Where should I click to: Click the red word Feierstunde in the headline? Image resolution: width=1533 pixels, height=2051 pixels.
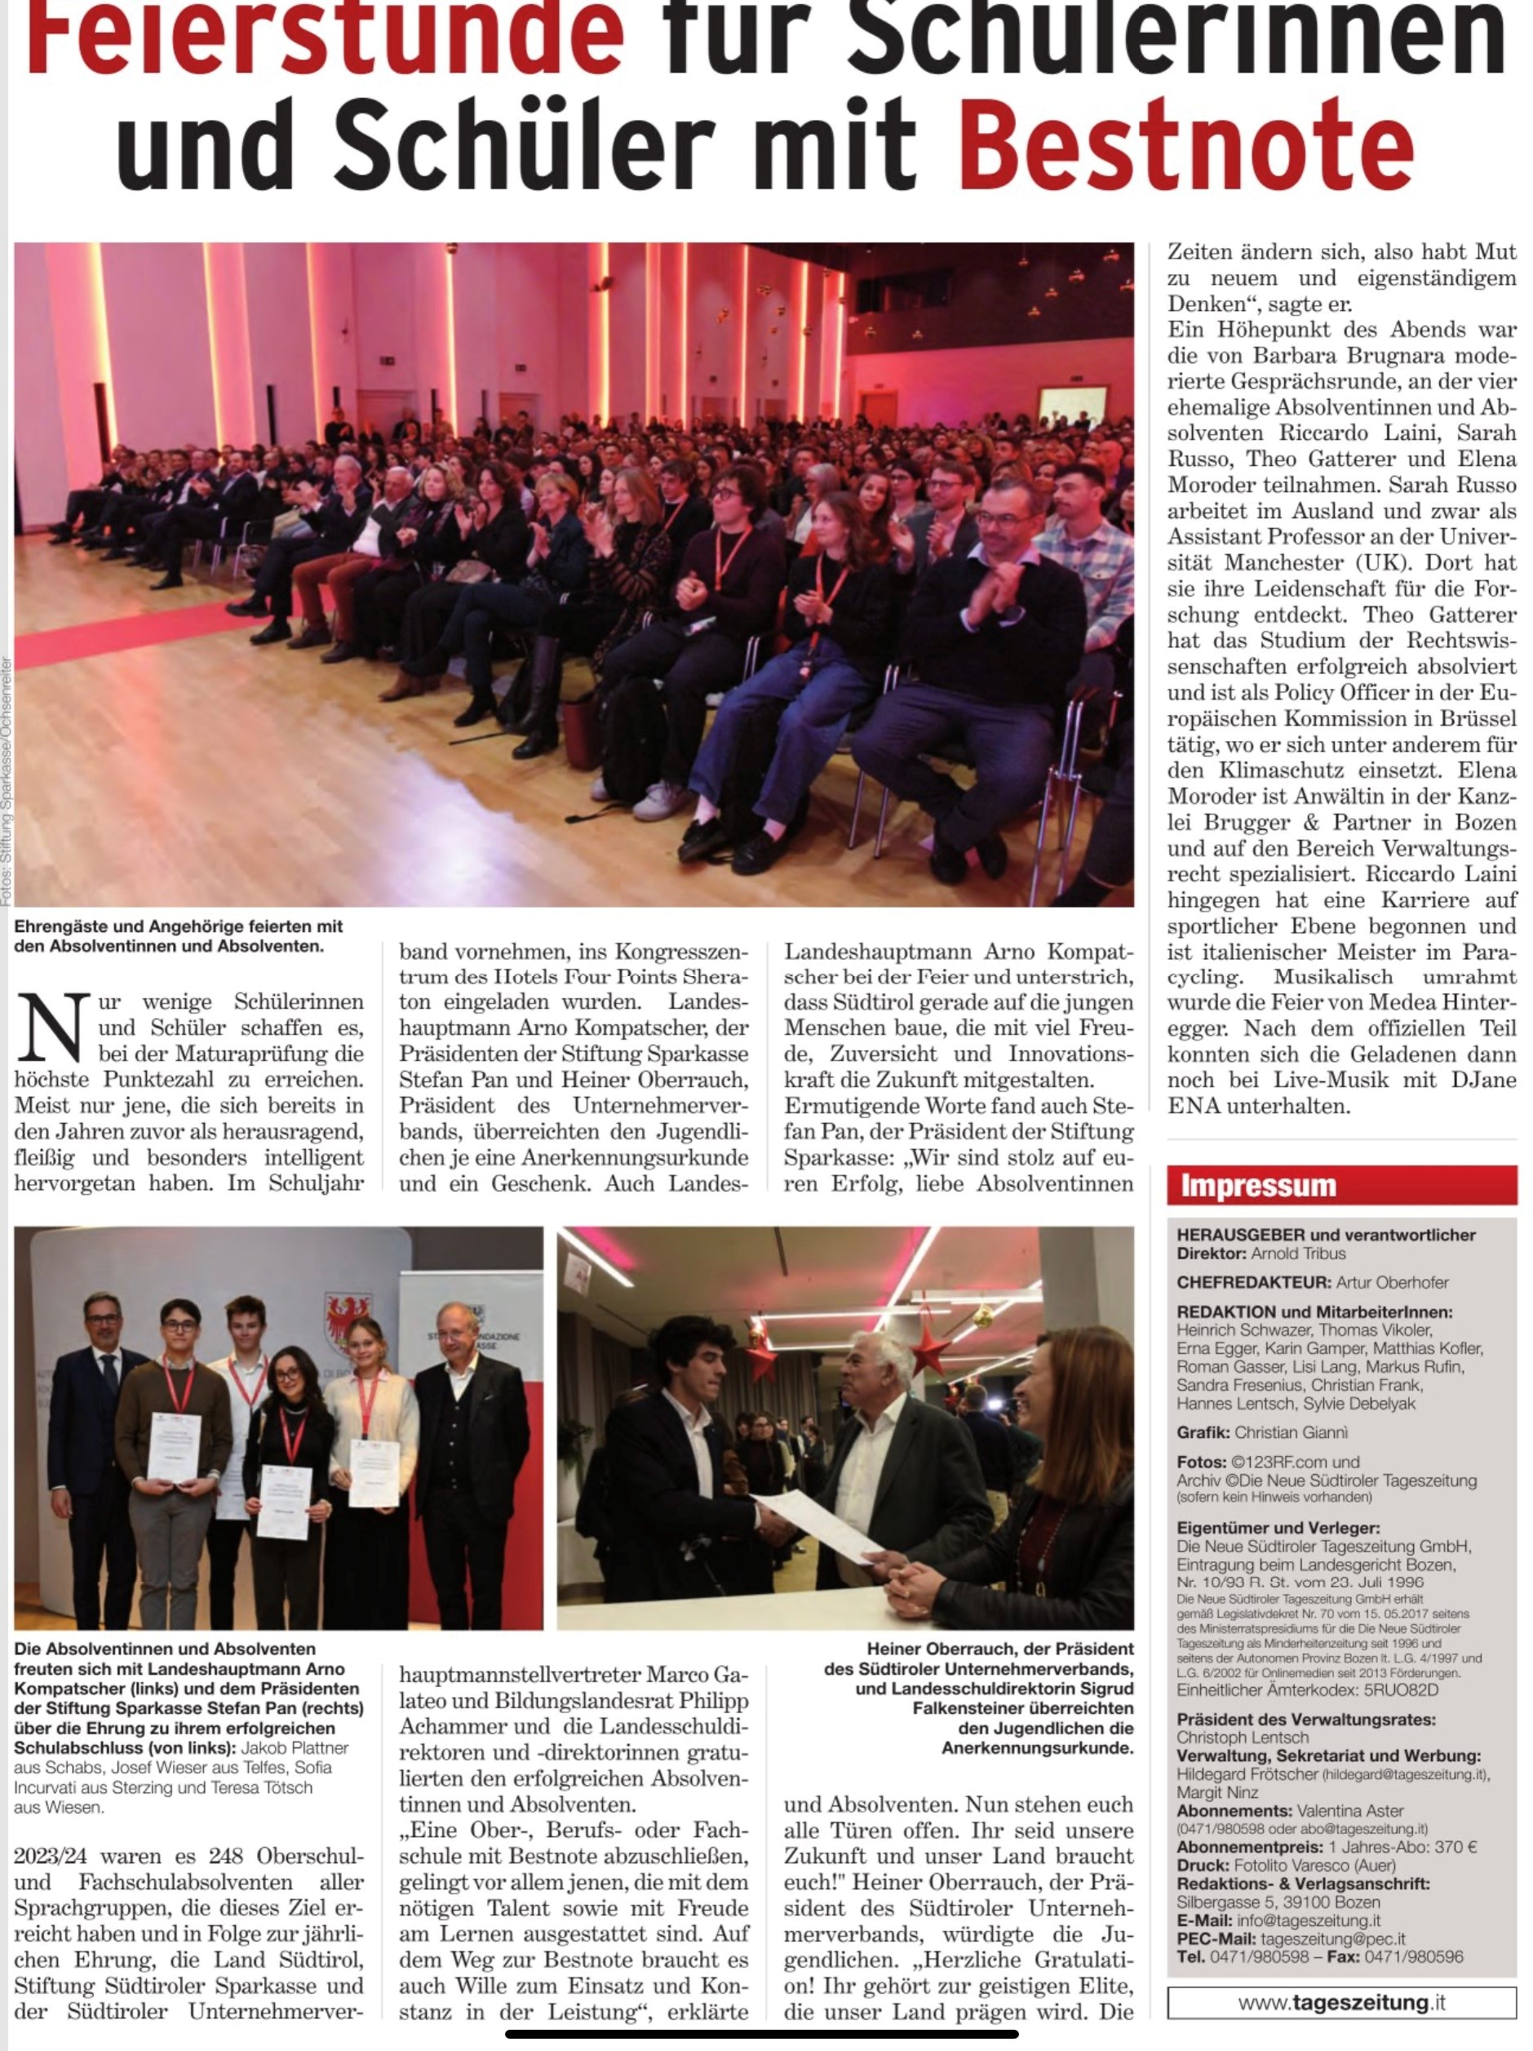(x=325, y=37)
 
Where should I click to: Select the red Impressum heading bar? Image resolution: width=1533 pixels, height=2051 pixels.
(x=1341, y=1185)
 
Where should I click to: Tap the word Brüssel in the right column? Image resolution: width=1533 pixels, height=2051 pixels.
(x=1478, y=717)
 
